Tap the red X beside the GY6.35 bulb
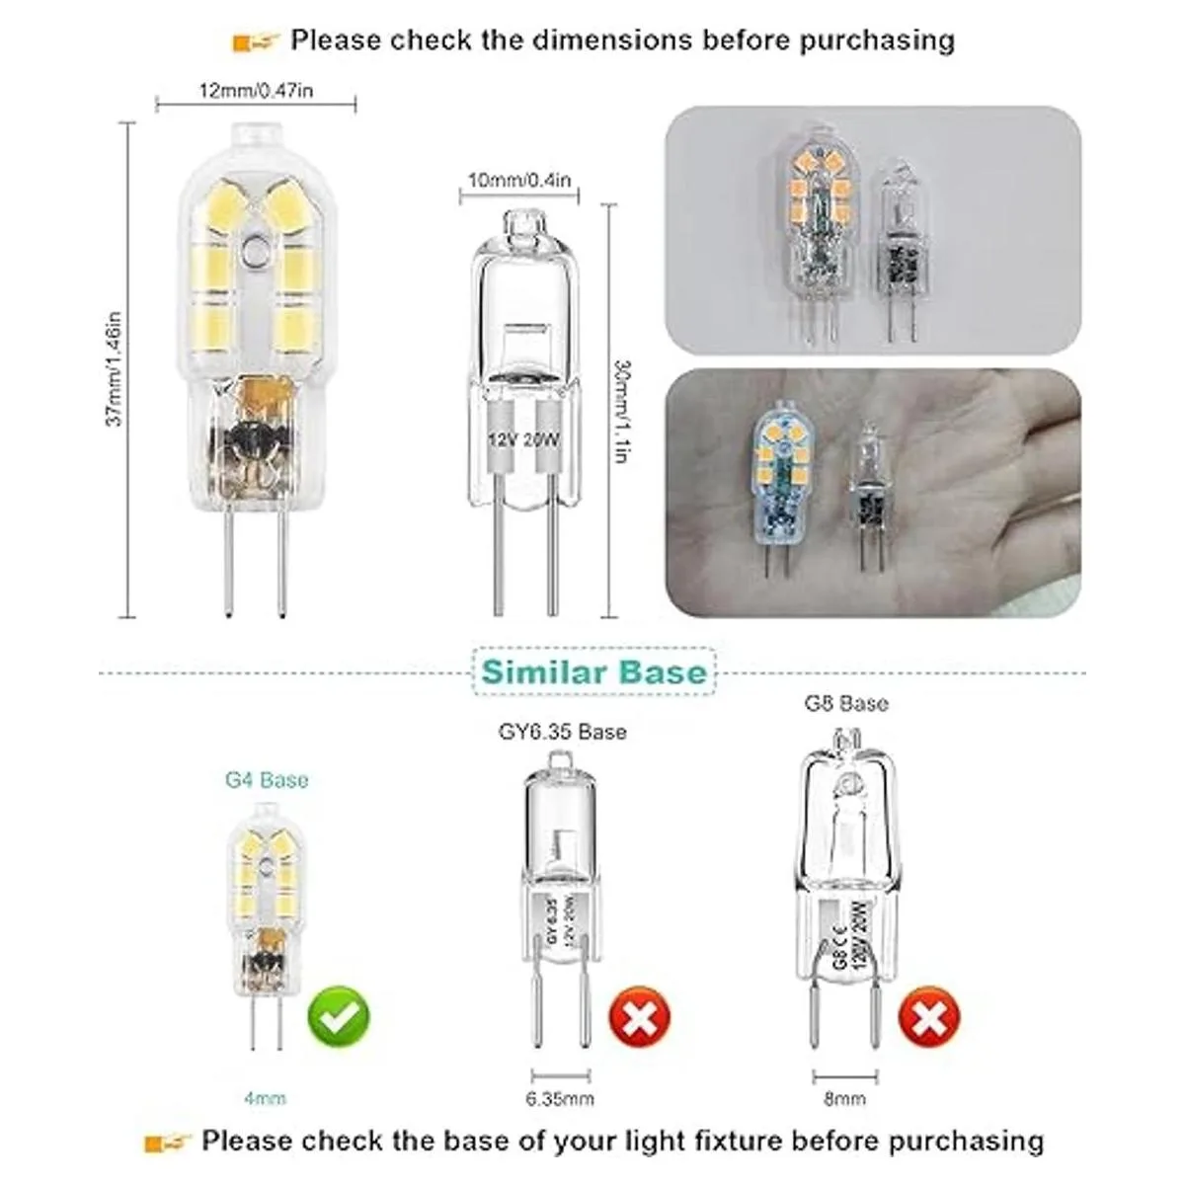[640, 1020]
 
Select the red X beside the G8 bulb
[929, 1020]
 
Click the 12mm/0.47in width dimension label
[256, 92]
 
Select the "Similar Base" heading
[594, 672]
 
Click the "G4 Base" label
[267, 780]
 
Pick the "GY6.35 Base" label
[562, 732]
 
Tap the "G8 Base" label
[847, 703]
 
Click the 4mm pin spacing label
[267, 1098]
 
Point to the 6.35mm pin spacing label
[562, 1098]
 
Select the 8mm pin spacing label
[846, 1098]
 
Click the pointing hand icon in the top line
[256, 41]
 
